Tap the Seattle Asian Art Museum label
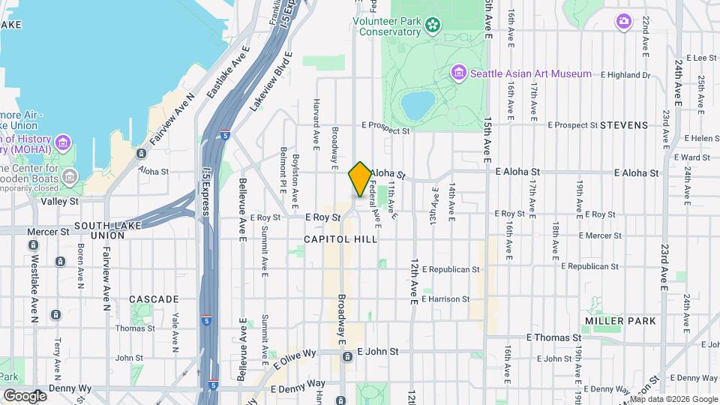tap(530, 73)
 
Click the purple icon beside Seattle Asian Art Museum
tap(459, 73)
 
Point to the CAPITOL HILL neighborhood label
tap(340, 238)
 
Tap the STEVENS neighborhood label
tap(623, 125)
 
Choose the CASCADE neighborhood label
tap(153, 299)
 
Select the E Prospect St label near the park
tap(385, 129)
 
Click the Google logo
tap(25, 395)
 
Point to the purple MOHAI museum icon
tap(62, 142)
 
